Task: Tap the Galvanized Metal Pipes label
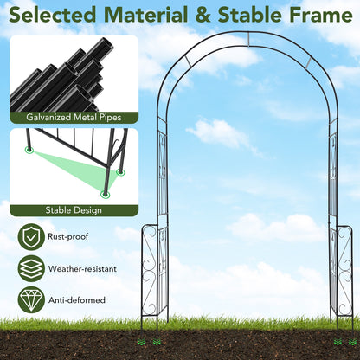(x=74, y=117)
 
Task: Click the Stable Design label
(x=74, y=209)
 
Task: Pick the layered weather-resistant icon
(x=32, y=268)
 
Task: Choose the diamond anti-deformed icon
(x=32, y=299)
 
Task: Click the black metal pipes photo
(x=74, y=73)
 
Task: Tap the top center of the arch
(x=247, y=37)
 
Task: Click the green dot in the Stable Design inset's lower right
(x=106, y=196)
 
